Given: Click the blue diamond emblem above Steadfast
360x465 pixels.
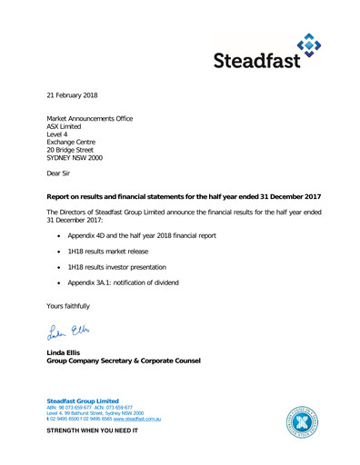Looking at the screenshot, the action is click(x=309, y=42).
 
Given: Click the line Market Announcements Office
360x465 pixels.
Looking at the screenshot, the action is click(x=89, y=118).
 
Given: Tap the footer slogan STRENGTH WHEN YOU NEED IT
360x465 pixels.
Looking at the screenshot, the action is click(x=92, y=430).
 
